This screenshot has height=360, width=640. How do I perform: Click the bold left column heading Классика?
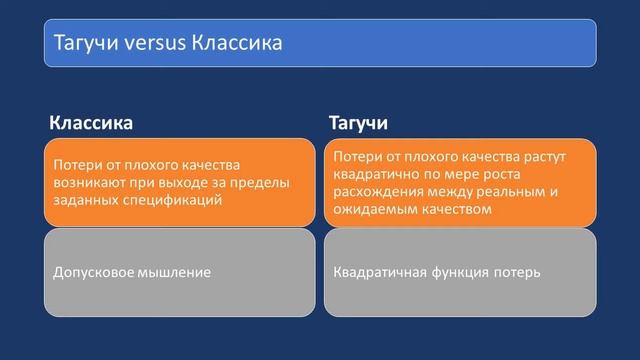click(x=91, y=123)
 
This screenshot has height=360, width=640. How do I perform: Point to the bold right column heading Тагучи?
click(x=359, y=123)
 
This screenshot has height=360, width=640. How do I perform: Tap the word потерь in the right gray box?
click(x=520, y=272)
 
